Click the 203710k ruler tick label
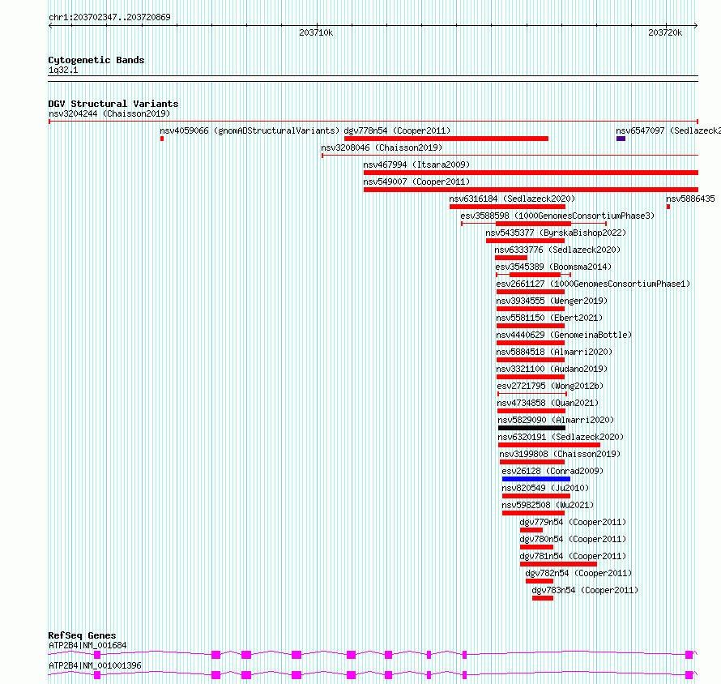click(316, 32)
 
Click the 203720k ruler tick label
click(665, 32)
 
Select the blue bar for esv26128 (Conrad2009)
click(536, 479)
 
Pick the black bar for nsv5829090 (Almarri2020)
click(531, 428)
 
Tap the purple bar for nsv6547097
click(621, 139)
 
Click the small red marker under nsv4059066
click(162, 139)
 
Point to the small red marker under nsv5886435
click(668, 207)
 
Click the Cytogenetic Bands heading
click(96, 60)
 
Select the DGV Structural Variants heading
click(113, 104)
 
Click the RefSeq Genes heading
click(82, 635)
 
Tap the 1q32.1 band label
click(63, 70)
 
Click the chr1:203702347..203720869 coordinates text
click(109, 17)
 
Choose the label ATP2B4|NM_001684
click(87, 645)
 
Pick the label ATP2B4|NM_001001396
click(95, 665)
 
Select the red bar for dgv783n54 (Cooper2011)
click(543, 598)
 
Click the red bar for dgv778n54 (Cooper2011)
click(446, 139)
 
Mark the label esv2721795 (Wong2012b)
click(550, 386)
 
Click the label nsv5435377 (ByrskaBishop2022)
click(556, 233)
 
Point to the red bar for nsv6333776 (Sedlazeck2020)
click(511, 258)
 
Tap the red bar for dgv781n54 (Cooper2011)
click(558, 564)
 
